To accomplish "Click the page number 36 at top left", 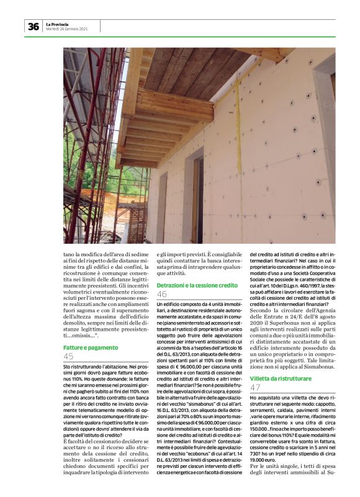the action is [32, 26].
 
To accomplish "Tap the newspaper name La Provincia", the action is [56, 24].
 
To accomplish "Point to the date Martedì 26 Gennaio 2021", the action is [67, 29].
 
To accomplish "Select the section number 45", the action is [68, 356].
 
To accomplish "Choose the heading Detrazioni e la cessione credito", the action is [197, 285].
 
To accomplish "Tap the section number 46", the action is [162, 294].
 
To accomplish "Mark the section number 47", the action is [255, 387].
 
